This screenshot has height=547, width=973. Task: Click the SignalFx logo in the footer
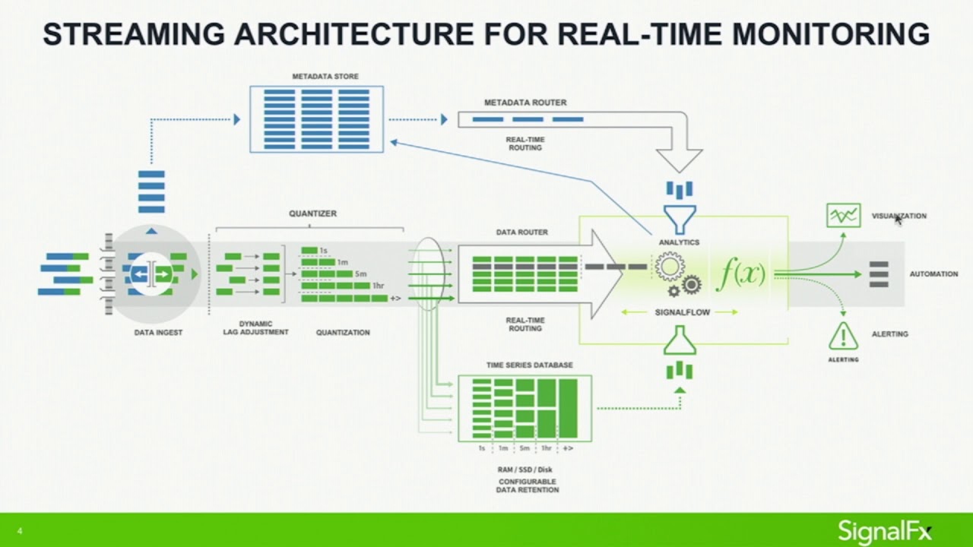[884, 530]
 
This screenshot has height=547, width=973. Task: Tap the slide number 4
[19, 532]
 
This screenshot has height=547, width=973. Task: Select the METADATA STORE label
[325, 77]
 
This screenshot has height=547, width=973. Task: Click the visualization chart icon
[843, 216]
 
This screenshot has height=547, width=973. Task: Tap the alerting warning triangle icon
[843, 335]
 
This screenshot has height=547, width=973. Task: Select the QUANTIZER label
[312, 213]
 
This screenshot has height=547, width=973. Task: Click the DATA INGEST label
[158, 333]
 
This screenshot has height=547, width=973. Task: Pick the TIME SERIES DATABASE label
[529, 365]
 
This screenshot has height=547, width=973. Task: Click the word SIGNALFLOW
[682, 312]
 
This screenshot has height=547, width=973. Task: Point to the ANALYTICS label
[680, 242]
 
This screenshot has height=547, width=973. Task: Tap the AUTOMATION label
[933, 274]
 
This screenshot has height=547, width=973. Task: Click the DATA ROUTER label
[521, 232]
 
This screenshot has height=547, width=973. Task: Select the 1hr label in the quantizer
[378, 286]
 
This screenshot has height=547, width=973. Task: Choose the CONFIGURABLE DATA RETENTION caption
[527, 486]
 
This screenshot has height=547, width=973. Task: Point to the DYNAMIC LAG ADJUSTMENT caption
[255, 328]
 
